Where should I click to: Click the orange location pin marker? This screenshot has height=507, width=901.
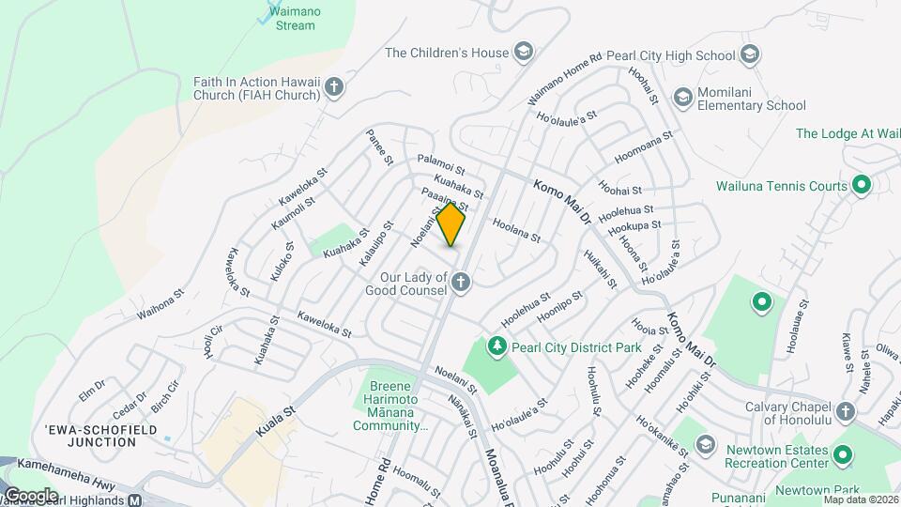click(451, 224)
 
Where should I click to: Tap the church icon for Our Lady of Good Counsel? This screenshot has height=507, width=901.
click(460, 281)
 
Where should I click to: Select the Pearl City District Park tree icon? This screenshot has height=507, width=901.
click(496, 346)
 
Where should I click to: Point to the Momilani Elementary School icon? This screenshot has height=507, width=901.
click(683, 97)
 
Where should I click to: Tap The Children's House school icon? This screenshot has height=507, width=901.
click(523, 53)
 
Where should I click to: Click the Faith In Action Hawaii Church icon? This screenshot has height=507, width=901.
click(333, 89)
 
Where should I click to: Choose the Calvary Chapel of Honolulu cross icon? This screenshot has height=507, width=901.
click(844, 411)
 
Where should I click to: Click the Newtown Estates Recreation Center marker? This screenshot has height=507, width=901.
click(843, 455)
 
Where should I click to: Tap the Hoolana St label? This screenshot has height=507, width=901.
click(516, 231)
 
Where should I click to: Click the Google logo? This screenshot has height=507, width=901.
click(30, 495)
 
